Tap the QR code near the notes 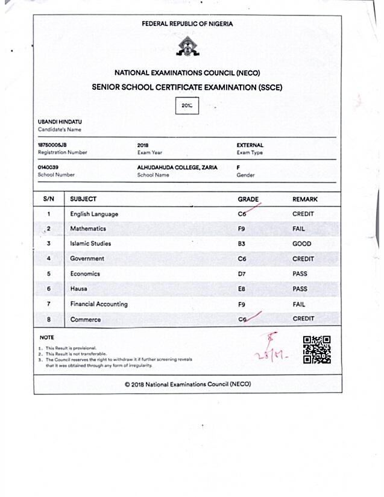[316, 349]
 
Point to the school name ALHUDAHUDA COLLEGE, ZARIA [177, 167]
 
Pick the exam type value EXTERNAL [250, 145]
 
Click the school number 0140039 [48, 167]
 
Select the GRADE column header [248, 199]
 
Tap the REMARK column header [305, 199]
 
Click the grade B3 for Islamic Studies [242, 244]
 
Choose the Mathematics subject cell [88, 229]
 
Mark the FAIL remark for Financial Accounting [299, 304]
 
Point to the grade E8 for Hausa [242, 289]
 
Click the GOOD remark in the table [301, 244]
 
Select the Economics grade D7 [242, 274]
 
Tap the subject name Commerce [86, 319]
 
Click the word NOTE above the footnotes [46, 337]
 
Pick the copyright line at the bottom [187, 384]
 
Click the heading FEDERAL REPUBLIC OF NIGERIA [187, 24]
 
